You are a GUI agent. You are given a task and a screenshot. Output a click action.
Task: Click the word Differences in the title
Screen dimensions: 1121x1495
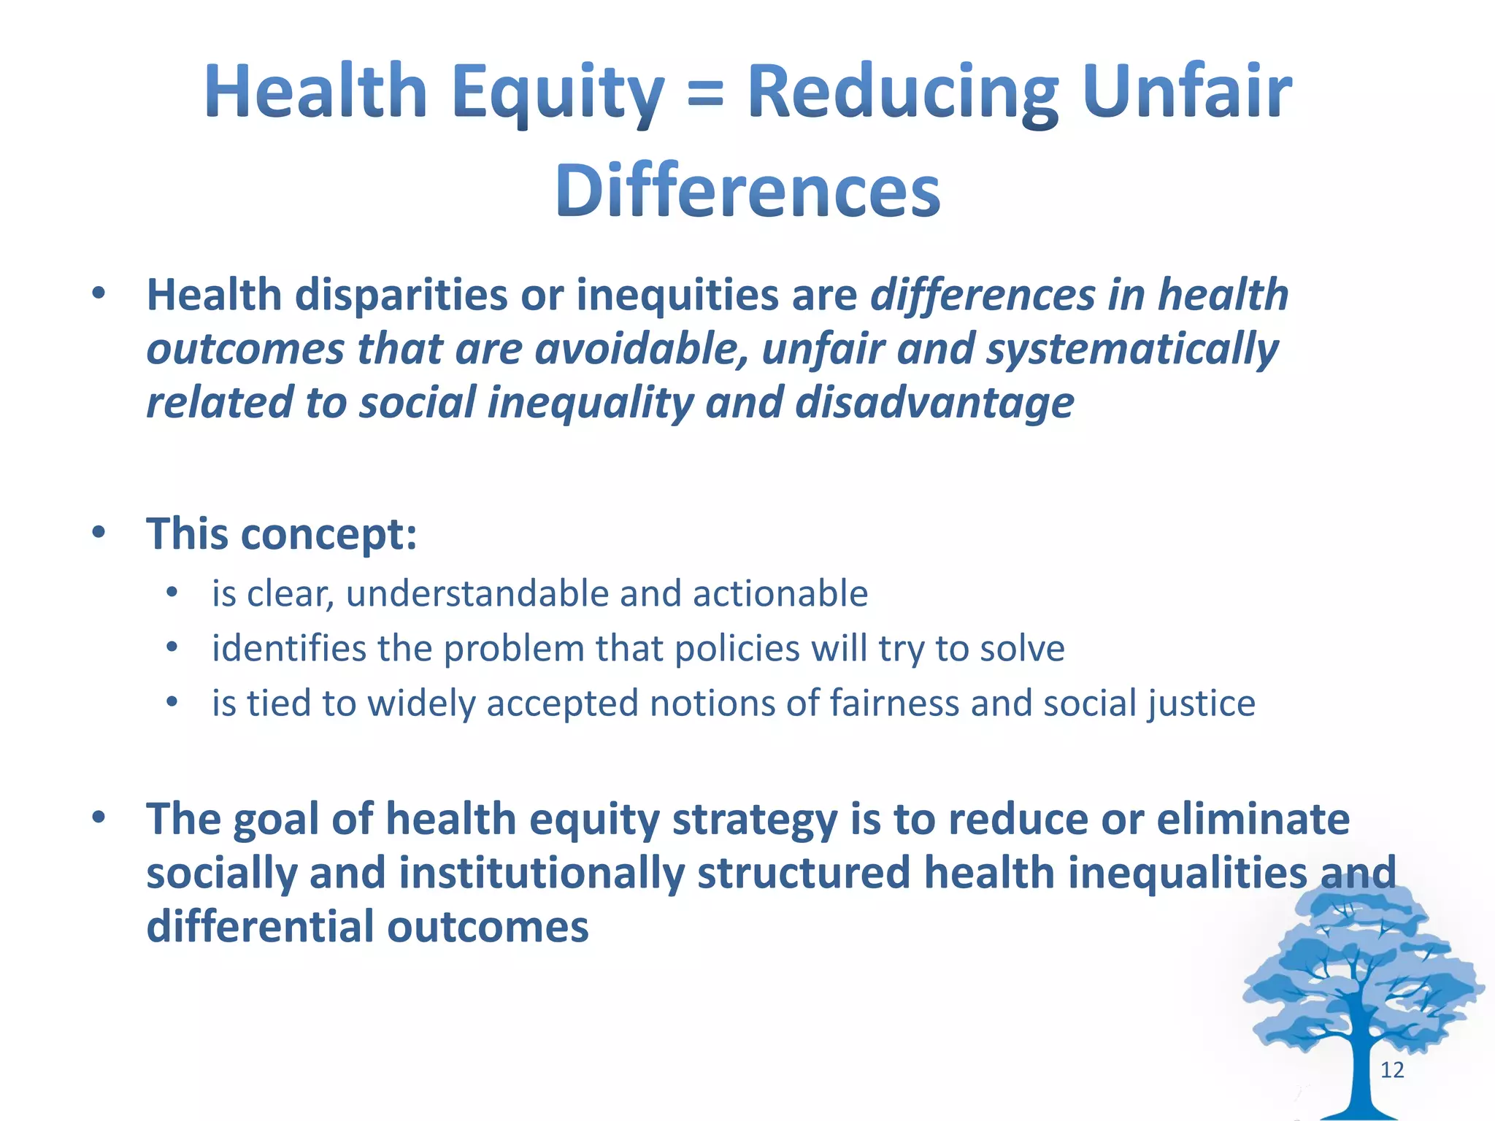747,191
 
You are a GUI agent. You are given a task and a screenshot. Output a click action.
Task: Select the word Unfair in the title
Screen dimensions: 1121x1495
1187,91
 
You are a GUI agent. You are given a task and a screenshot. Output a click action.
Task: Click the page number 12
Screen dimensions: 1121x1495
1392,1070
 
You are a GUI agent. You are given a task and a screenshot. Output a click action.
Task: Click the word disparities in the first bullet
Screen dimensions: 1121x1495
401,296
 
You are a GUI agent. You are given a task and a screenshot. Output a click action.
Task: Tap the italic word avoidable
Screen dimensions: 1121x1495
642,349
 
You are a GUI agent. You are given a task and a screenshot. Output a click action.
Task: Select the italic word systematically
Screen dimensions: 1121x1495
1132,349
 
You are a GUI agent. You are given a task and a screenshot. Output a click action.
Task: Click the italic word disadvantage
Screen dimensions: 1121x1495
934,403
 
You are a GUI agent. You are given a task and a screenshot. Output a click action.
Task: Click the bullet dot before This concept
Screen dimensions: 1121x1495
99,532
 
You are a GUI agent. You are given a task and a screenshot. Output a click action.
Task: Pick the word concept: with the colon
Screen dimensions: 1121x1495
328,535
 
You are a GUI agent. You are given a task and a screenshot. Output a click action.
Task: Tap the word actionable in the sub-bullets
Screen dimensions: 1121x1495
780,593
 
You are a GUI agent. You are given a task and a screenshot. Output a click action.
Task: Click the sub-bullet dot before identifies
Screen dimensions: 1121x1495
172,647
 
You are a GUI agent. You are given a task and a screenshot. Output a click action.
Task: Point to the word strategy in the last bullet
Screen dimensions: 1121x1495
754,820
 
